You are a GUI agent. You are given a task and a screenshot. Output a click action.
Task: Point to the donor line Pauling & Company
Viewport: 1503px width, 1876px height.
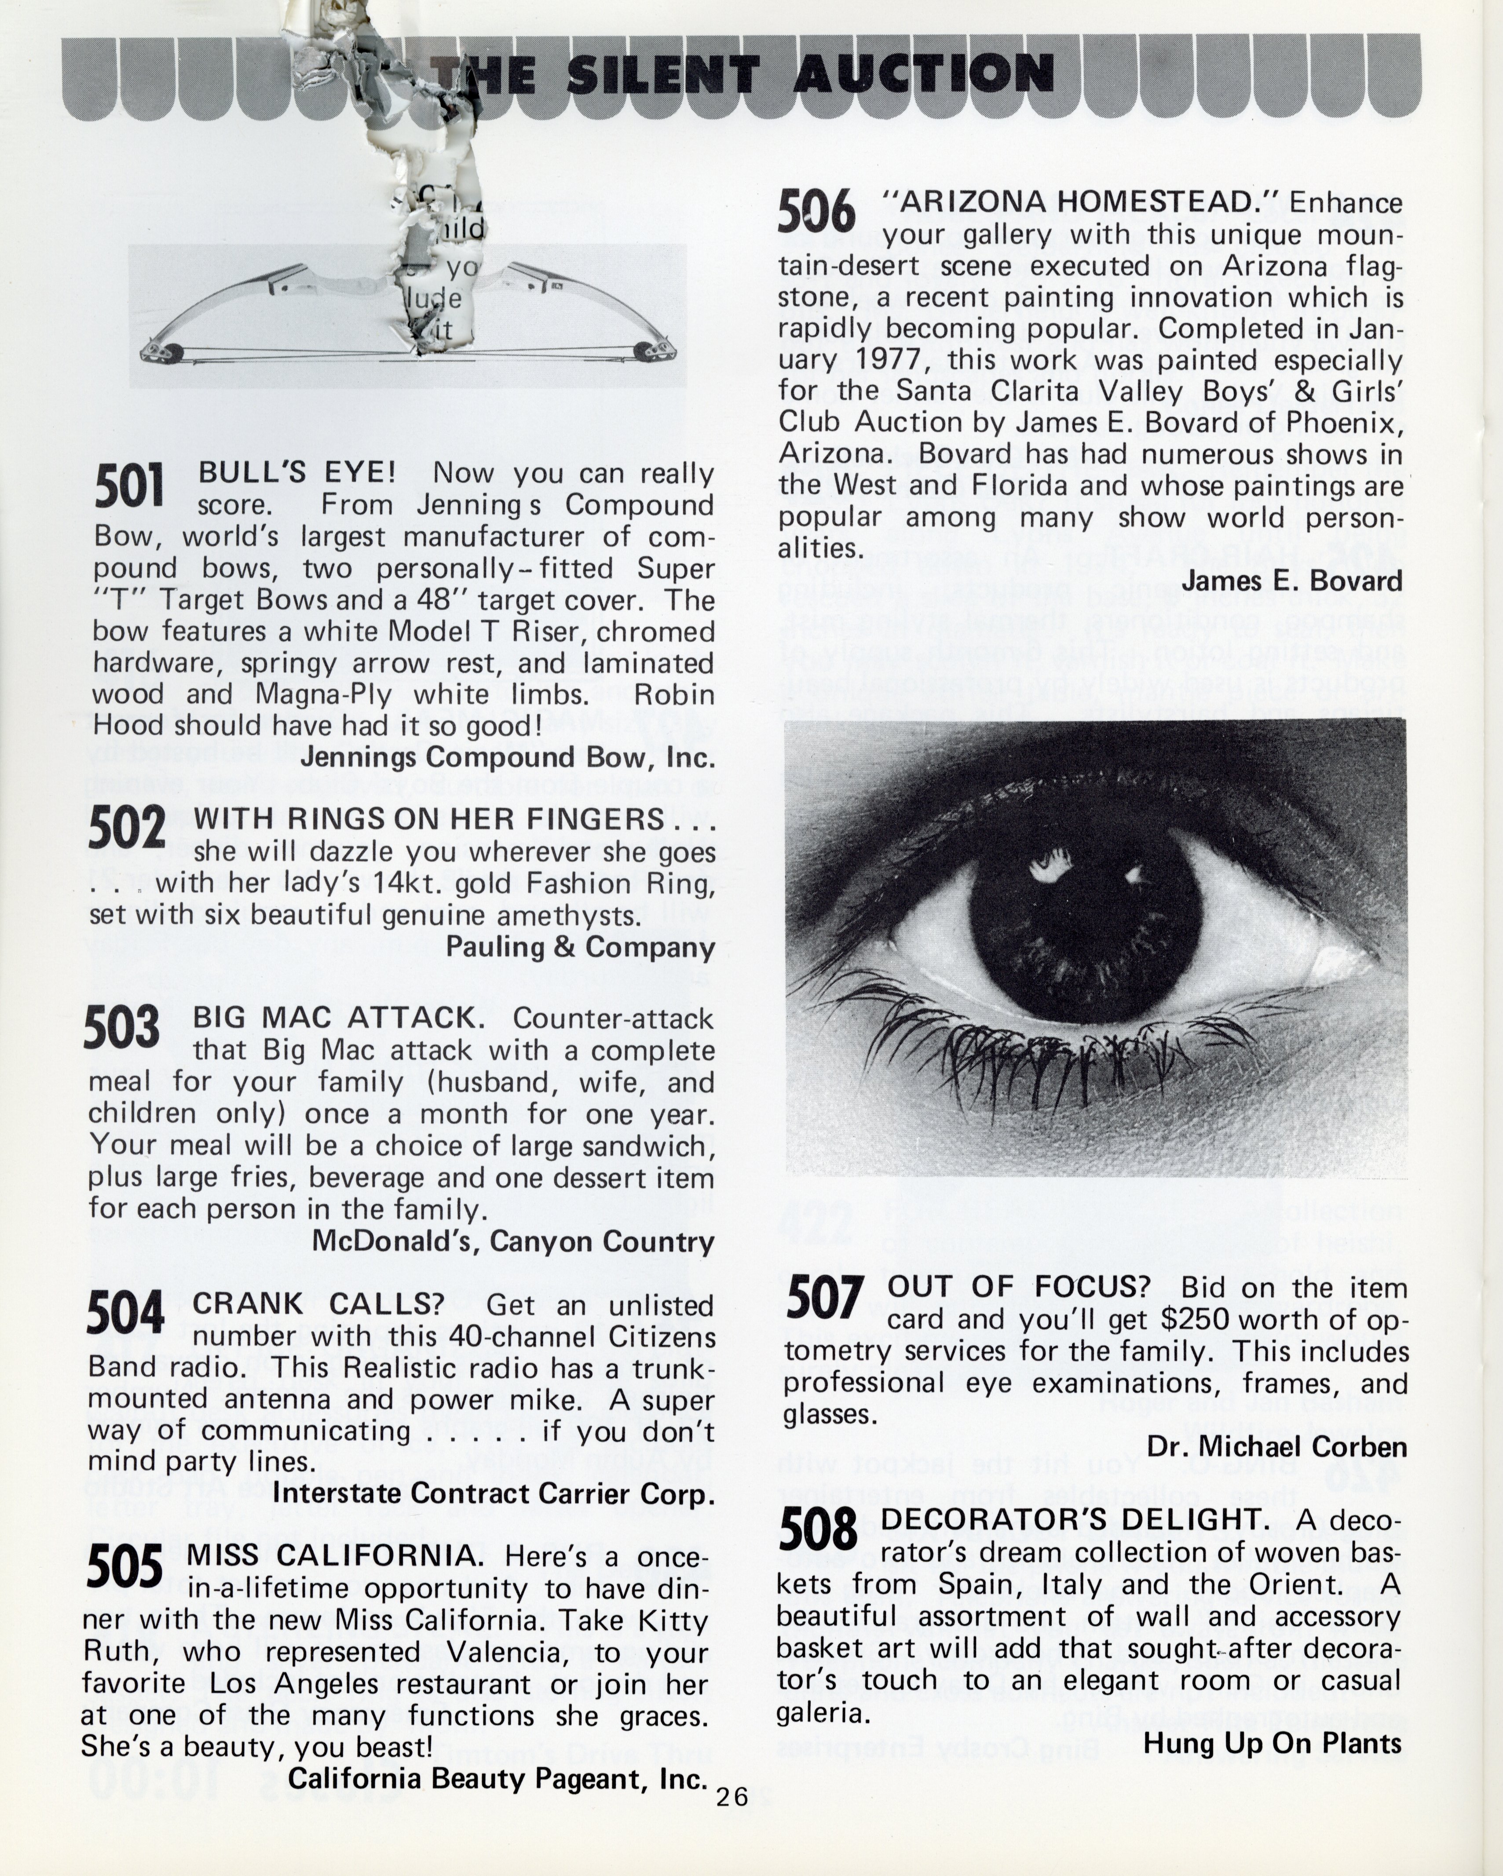coord(581,947)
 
